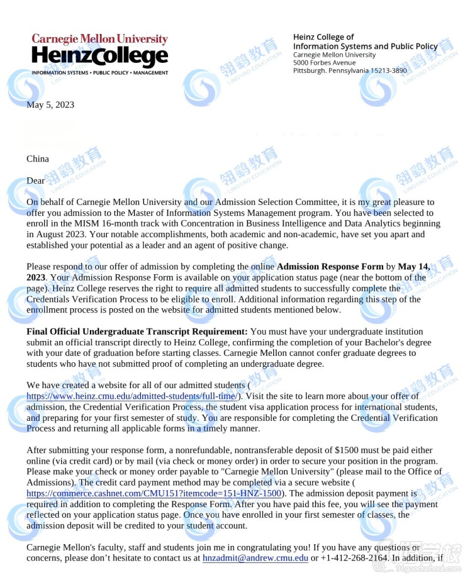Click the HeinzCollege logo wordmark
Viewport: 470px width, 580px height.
[100, 57]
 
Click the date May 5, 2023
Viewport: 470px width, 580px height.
[51, 105]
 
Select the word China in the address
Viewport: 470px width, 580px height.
[38, 159]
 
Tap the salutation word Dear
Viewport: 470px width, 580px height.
[35, 181]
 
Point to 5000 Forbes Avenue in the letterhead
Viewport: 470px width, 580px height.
[324, 63]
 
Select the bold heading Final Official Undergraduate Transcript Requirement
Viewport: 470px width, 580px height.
[137, 332]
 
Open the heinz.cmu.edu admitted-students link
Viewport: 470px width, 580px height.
[132, 396]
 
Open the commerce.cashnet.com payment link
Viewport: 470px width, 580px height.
[154, 494]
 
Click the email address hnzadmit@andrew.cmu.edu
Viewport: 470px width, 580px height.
[255, 558]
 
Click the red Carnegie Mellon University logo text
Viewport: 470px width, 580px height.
[100, 39]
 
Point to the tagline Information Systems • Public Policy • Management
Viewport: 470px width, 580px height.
[100, 73]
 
